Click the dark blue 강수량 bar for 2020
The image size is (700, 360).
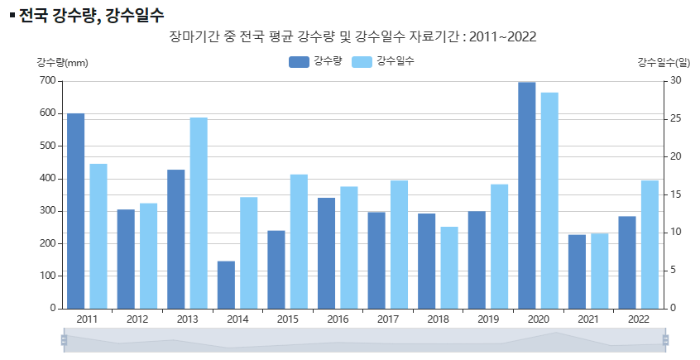[x=526, y=195]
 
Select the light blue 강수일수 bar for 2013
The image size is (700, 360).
[x=199, y=213]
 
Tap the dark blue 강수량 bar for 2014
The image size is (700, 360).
[x=226, y=285]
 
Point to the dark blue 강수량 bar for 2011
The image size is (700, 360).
[x=75, y=211]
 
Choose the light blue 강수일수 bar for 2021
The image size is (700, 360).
[x=600, y=271]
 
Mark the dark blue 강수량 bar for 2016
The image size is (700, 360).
[x=326, y=253]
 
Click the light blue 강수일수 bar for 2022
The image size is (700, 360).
[x=650, y=244]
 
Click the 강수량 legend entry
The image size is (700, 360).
[x=315, y=62]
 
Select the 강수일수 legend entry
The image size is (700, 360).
[x=382, y=62]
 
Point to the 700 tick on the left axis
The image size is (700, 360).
[x=46, y=80]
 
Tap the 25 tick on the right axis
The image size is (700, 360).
[x=675, y=118]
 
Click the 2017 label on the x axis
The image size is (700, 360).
[x=388, y=319]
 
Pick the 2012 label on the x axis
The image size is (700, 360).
[x=137, y=319]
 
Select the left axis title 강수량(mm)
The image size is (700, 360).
[x=62, y=62]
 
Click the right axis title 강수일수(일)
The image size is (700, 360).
[x=664, y=62]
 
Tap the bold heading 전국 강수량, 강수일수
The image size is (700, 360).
[x=91, y=15]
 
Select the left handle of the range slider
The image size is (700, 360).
[x=64, y=339]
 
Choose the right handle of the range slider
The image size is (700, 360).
[x=665, y=339]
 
